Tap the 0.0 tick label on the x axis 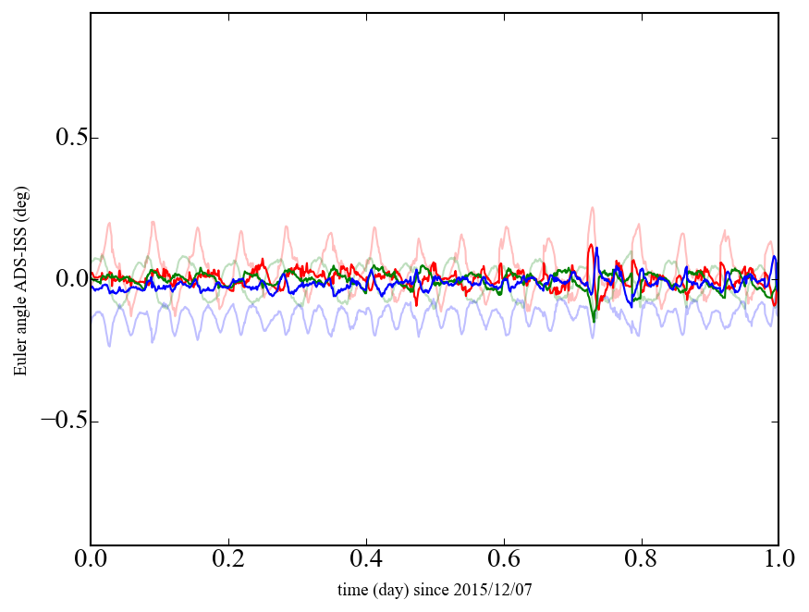[x=91, y=560]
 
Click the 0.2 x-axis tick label [x=228, y=560]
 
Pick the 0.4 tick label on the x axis [x=366, y=560]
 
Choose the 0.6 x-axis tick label [x=504, y=560]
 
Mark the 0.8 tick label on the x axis [x=641, y=560]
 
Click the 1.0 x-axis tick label [x=778, y=560]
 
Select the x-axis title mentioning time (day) [x=435, y=589]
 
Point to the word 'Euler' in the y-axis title [x=19, y=360]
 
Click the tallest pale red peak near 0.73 [x=591, y=208]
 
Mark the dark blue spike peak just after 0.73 [x=597, y=248]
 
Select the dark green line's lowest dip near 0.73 [x=594, y=321]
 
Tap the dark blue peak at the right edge [x=774, y=257]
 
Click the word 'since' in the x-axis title [x=443, y=589]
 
